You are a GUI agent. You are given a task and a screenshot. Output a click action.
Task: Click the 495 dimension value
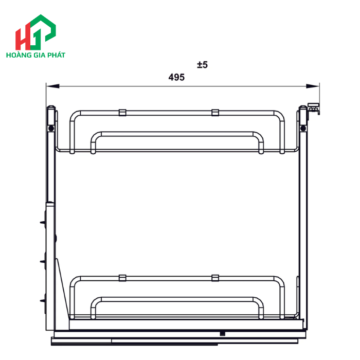176,78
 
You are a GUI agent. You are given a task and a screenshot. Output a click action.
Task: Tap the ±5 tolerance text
202,65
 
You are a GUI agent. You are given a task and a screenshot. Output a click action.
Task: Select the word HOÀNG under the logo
19,54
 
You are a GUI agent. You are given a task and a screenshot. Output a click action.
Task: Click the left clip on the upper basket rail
122,112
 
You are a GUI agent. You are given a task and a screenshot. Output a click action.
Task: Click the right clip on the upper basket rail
215,112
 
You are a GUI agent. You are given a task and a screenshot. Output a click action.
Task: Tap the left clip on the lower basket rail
122,278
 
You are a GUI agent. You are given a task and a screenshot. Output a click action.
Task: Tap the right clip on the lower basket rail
215,278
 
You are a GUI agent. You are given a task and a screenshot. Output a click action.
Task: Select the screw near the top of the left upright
51,128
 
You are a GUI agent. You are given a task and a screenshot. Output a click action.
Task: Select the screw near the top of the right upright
303,128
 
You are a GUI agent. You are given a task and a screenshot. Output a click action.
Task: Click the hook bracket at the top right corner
313,109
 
